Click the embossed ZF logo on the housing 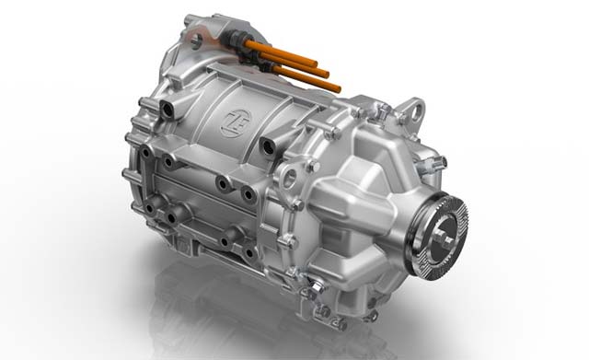coord(236,122)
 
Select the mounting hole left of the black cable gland coord(196,41)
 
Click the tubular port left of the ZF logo coord(167,109)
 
